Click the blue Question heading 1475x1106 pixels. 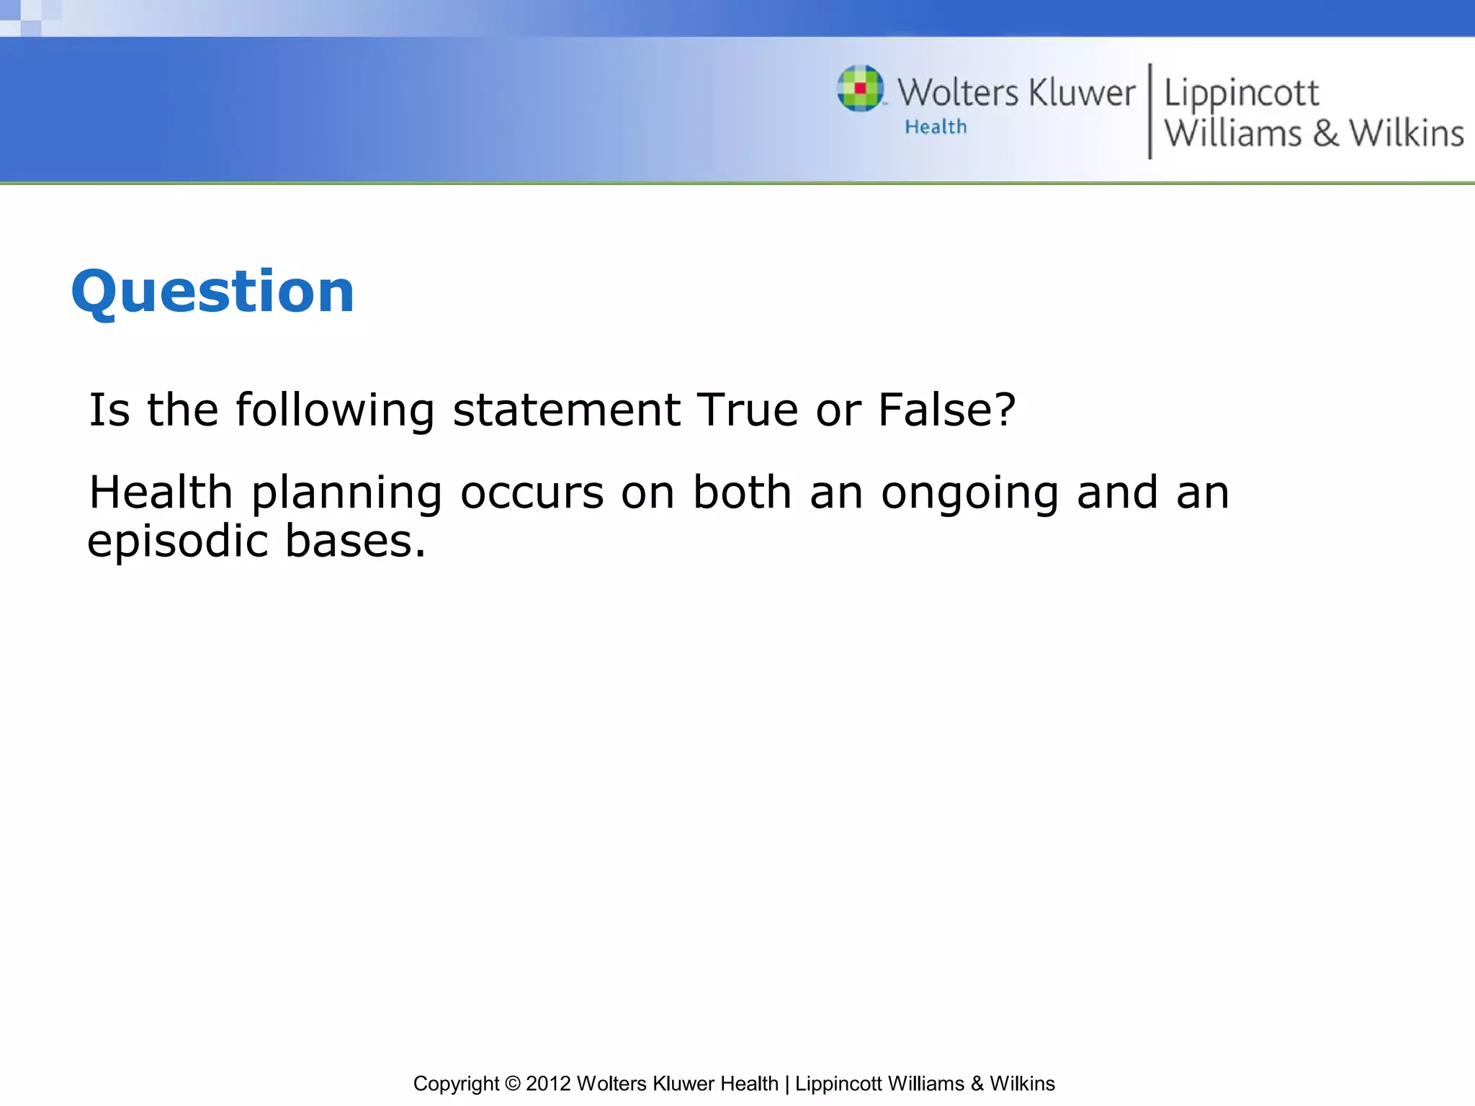tap(212, 292)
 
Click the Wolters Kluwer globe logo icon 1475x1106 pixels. tap(860, 89)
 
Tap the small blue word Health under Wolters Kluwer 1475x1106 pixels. tap(936, 127)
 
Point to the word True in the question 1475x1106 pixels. tap(748, 410)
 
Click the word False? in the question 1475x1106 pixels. tap(946, 410)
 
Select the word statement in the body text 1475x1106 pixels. tap(566, 410)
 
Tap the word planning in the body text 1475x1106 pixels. tap(346, 494)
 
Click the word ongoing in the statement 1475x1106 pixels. tap(969, 494)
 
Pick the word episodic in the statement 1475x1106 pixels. tap(177, 541)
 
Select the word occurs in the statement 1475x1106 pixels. tap(532, 494)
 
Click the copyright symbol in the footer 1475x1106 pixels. tap(512, 1084)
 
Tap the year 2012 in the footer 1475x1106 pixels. tap(548, 1084)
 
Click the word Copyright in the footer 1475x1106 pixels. tap(456, 1084)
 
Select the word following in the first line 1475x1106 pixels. tap(335, 410)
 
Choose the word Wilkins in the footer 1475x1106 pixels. tap(1022, 1084)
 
